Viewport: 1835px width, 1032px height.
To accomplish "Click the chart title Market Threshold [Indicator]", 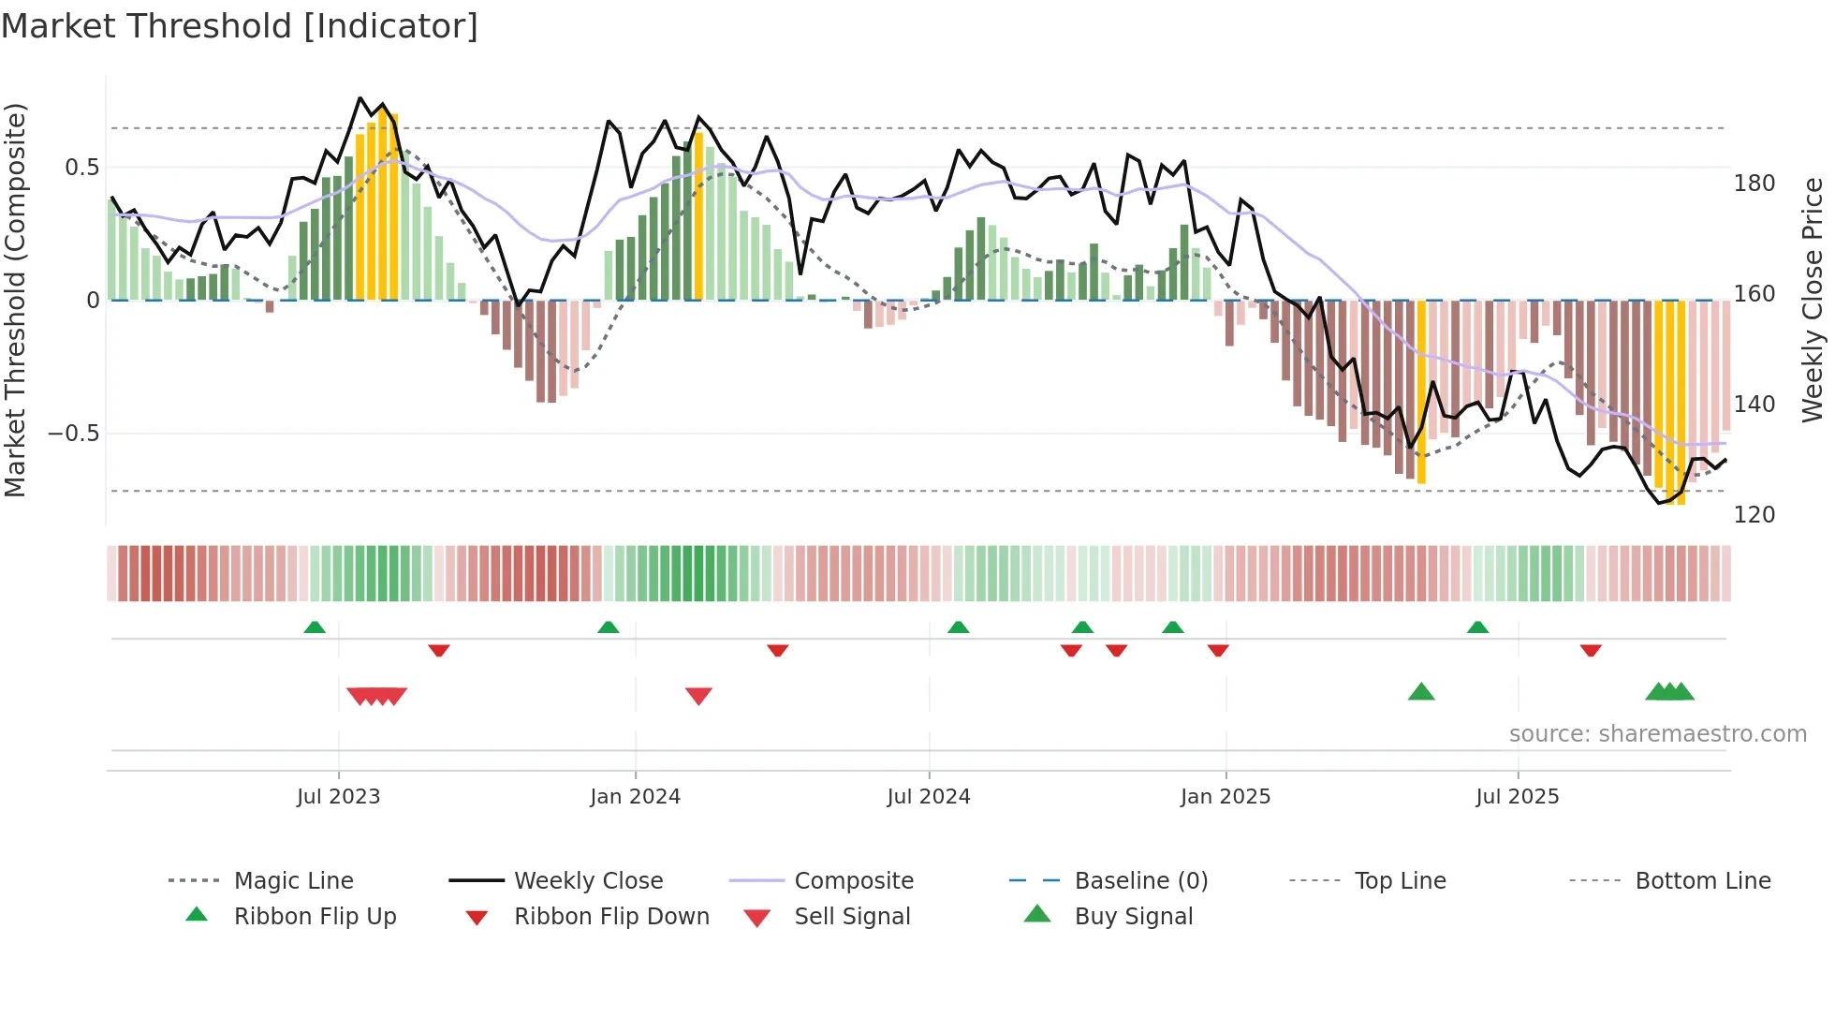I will pos(240,26).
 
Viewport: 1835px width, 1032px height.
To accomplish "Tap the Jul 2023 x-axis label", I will pos(338,797).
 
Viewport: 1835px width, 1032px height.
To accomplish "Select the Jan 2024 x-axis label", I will pos(635,797).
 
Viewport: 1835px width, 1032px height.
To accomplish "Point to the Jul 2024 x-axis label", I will pos(928,797).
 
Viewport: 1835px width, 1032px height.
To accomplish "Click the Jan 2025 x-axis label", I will pos(1225,797).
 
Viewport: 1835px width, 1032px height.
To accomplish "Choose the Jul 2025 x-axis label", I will pos(1517,797).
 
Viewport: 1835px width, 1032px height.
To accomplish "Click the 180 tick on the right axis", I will pos(1754,184).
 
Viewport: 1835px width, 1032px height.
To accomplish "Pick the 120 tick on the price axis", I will pos(1754,515).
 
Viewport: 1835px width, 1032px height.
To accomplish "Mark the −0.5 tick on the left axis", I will pos(73,434).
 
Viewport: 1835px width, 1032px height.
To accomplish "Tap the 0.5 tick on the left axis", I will pos(81,168).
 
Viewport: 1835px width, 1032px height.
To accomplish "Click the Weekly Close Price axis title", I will pos(1813,300).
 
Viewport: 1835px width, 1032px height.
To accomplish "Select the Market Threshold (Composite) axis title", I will pos(15,300).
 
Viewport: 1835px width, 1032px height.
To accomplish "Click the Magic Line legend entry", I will pos(293,881).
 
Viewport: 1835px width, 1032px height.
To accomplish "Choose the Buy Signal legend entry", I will pos(1133,917).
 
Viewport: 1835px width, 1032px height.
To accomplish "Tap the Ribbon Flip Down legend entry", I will pos(611,917).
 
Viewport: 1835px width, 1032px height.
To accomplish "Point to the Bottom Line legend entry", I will pos(1702,881).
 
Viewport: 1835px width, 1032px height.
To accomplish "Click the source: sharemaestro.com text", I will pos(1657,734).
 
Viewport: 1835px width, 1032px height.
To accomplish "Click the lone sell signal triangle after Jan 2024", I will pos(698,696).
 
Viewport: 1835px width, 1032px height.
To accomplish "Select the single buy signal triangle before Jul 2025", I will pos(1421,692).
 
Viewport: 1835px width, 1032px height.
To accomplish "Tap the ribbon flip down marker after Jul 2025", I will pos(1591,650).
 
